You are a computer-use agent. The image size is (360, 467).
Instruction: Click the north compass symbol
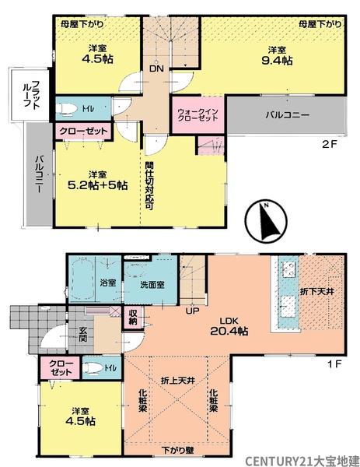(266, 222)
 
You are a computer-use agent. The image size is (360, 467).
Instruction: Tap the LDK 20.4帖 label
(229, 326)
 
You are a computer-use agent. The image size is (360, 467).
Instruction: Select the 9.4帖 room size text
(277, 61)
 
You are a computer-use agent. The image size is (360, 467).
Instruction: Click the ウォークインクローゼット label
(197, 114)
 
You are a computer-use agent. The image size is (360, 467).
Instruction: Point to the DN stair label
(156, 68)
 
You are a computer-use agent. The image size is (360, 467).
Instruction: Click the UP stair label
(192, 311)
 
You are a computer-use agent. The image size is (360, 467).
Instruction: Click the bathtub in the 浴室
(82, 279)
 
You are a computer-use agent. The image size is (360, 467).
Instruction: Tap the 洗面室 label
(152, 285)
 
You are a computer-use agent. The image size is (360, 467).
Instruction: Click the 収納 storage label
(133, 318)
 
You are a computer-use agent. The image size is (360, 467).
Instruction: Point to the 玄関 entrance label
(82, 334)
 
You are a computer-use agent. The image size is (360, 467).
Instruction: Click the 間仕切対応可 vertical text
(149, 185)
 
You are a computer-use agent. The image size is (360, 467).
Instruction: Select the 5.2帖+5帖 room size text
(98, 185)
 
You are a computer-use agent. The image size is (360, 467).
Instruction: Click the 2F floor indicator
(330, 144)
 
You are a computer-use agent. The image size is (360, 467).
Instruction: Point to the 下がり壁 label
(177, 450)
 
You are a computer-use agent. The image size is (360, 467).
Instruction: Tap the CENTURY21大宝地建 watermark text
(302, 461)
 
